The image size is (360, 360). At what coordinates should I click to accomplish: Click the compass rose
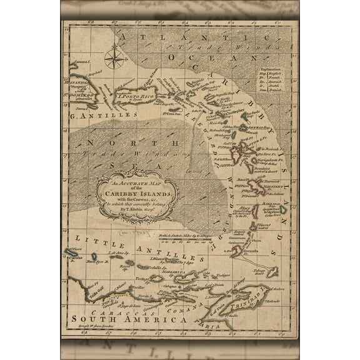coord(116,60)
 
